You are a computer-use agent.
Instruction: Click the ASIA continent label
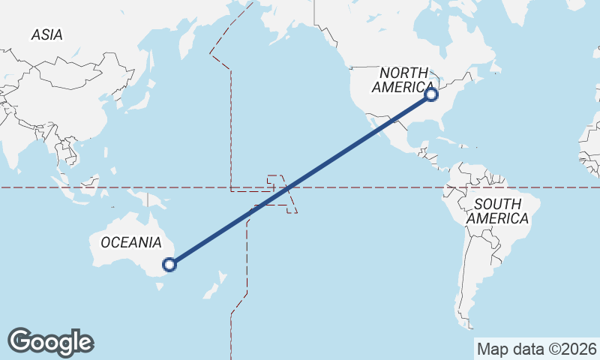coord(46,34)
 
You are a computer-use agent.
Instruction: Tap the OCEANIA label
coord(130,242)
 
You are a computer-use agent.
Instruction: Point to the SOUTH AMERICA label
coord(497,211)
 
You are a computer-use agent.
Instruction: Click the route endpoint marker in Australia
coord(169,264)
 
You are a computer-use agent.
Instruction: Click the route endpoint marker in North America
coord(431,94)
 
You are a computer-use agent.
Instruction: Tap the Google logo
coord(50,342)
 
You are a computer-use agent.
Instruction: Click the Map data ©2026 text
coord(536,349)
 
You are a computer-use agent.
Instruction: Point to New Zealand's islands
coord(217,284)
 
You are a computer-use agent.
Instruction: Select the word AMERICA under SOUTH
coord(497,218)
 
